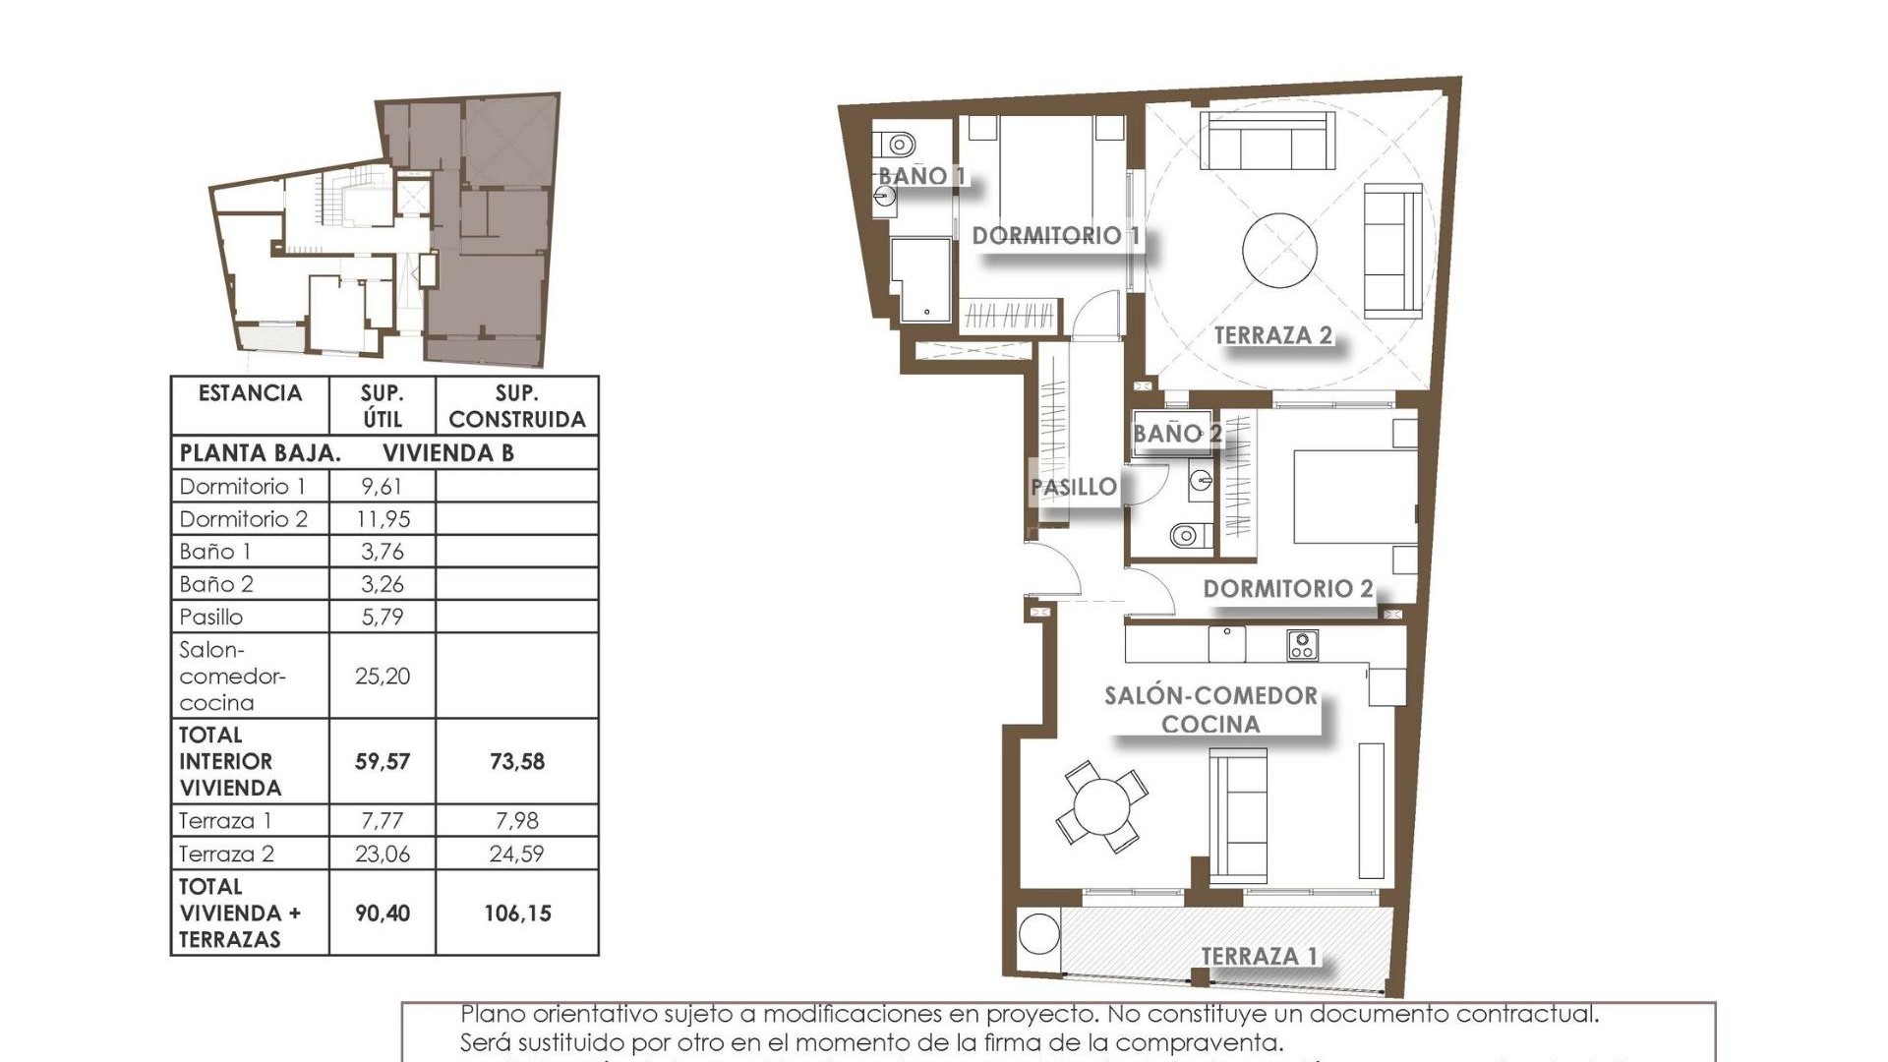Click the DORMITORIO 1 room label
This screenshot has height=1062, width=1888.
pyautogui.click(x=1055, y=236)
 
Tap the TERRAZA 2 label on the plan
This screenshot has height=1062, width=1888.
pyautogui.click(x=1272, y=335)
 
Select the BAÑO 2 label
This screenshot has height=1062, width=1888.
pyautogui.click(x=1176, y=433)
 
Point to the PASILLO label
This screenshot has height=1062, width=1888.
pyautogui.click(x=1074, y=487)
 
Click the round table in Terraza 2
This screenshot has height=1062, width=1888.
pyautogui.click(x=1279, y=250)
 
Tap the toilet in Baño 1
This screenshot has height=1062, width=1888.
pyautogui.click(x=898, y=145)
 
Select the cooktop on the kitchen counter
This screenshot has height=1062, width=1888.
pyautogui.click(x=1302, y=645)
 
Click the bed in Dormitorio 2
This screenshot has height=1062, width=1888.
pyautogui.click(x=1354, y=497)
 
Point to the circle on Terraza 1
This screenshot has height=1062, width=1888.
pyautogui.click(x=1038, y=933)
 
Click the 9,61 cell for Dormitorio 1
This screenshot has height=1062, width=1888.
pyautogui.click(x=382, y=486)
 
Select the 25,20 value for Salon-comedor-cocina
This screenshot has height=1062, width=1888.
pyautogui.click(x=382, y=676)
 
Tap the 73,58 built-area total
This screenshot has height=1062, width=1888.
pyautogui.click(x=516, y=761)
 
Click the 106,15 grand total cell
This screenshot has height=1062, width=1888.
pyautogui.click(x=516, y=913)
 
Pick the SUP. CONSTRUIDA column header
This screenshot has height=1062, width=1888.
pyautogui.click(x=516, y=406)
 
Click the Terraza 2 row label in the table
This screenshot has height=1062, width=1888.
pyautogui.click(x=226, y=854)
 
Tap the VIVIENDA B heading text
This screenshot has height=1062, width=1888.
pyautogui.click(x=447, y=453)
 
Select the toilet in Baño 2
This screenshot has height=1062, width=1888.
pyautogui.click(x=1185, y=536)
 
